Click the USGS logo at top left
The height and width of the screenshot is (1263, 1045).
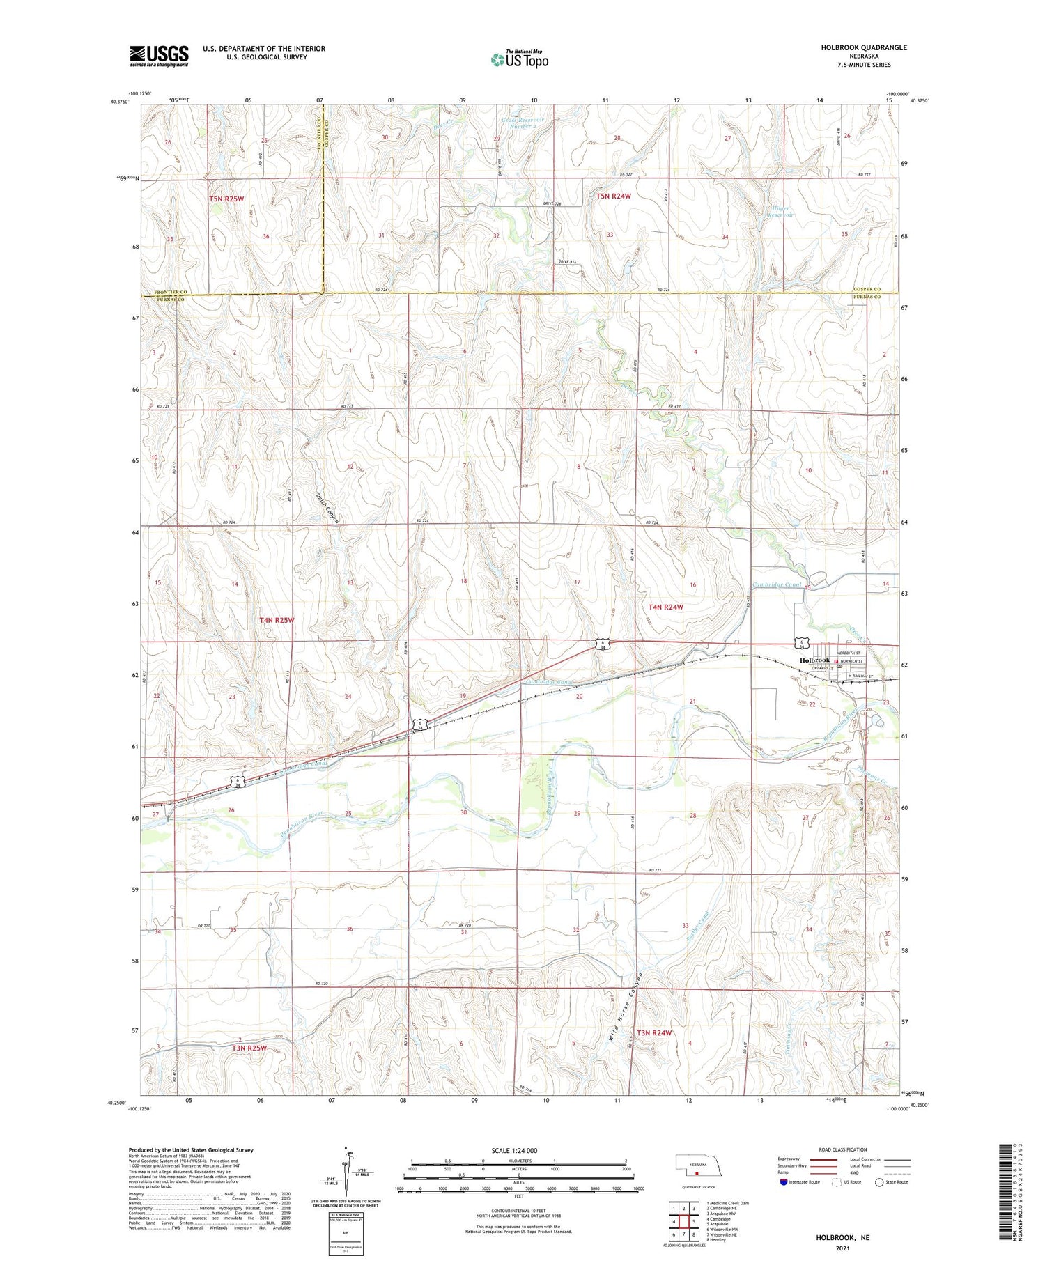[159, 56]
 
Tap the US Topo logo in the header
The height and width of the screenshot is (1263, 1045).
[519, 59]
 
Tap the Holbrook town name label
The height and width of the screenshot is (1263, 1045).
[814, 660]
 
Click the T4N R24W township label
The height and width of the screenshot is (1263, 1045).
[666, 607]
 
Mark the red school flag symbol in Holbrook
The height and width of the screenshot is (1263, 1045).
[837, 662]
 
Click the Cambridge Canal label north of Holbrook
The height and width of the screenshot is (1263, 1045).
[777, 584]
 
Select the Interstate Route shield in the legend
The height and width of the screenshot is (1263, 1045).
[784, 1181]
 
